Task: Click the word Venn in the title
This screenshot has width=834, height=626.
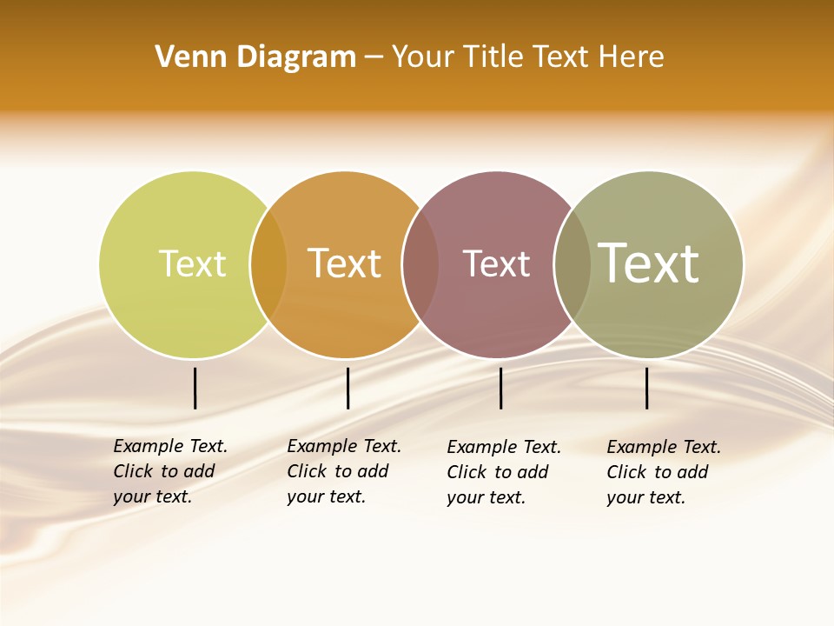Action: [182, 57]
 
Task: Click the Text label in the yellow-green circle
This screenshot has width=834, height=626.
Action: [192, 263]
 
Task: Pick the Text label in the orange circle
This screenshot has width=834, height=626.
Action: [344, 263]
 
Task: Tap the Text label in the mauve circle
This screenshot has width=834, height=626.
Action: [496, 263]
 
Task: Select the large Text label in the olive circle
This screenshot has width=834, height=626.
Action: [648, 263]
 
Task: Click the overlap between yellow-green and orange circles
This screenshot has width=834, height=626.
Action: [268, 264]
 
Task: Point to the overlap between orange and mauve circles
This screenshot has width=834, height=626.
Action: [420, 264]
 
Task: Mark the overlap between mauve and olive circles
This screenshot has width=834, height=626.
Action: [573, 264]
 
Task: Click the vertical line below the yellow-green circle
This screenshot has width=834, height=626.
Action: [195, 388]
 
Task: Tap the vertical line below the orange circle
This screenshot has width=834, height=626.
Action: [347, 388]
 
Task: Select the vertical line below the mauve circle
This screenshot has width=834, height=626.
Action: [500, 388]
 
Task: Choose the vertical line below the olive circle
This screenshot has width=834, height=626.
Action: [646, 388]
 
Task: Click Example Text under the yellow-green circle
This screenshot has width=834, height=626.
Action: [170, 446]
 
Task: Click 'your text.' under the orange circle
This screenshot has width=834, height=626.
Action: [326, 496]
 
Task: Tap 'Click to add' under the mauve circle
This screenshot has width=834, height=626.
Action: [497, 472]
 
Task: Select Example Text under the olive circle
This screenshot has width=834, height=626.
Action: [664, 447]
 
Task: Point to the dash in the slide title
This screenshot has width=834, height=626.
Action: [374, 57]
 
